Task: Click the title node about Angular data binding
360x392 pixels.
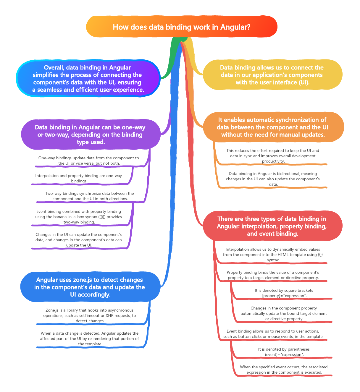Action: [x=181, y=27]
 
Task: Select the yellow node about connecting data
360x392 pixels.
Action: [x=272, y=75]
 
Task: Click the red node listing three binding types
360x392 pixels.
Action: [x=272, y=226]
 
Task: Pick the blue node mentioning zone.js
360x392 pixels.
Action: [x=90, y=287]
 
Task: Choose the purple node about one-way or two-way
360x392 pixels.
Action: [x=90, y=135]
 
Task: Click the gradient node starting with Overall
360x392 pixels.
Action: [x=88, y=79]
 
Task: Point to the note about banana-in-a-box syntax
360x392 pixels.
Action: [x=79, y=217]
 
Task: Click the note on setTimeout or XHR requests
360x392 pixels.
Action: [x=90, y=315]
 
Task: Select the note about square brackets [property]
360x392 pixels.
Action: [x=284, y=293]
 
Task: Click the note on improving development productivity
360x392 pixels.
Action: [x=273, y=156]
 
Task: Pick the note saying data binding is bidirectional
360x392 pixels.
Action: [x=273, y=179]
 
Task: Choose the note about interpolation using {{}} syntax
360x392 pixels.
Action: [x=273, y=255]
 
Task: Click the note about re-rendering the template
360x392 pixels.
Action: [x=90, y=338]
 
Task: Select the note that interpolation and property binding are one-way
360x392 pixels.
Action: [x=79, y=178]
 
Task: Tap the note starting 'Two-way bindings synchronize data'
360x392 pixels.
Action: [x=90, y=196]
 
